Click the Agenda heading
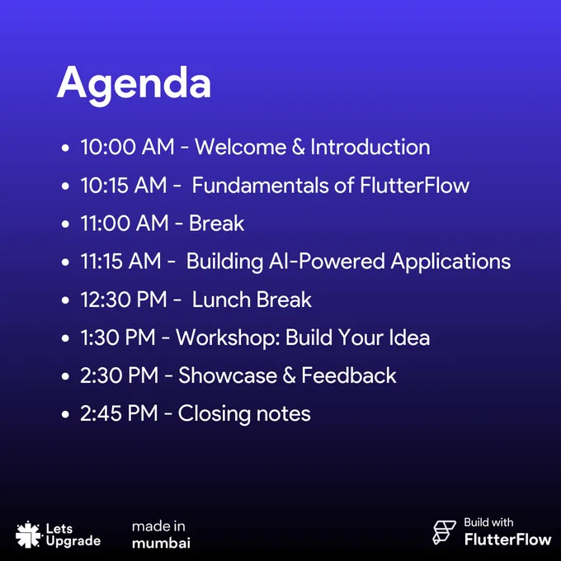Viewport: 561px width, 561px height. tap(134, 85)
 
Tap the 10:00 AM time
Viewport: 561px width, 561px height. tap(127, 147)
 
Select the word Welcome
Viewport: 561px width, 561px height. tap(240, 147)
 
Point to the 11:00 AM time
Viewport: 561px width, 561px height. tap(125, 223)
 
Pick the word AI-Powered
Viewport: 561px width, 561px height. tap(327, 262)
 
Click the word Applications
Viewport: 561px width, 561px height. tap(450, 262)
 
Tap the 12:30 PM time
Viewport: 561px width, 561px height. tap(124, 299)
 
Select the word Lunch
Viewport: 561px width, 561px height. tap(221, 299)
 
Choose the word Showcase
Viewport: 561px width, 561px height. tap(228, 375)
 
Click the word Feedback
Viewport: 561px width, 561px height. tap(349, 375)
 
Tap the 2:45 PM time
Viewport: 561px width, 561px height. tap(119, 413)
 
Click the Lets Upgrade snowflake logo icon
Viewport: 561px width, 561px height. tap(27, 535)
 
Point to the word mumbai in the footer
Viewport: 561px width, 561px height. tap(161, 543)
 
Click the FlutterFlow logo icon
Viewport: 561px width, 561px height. tap(444, 532)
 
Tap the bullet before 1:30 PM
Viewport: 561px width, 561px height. tap(65, 338)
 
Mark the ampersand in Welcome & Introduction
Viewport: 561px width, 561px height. tap(299, 147)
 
